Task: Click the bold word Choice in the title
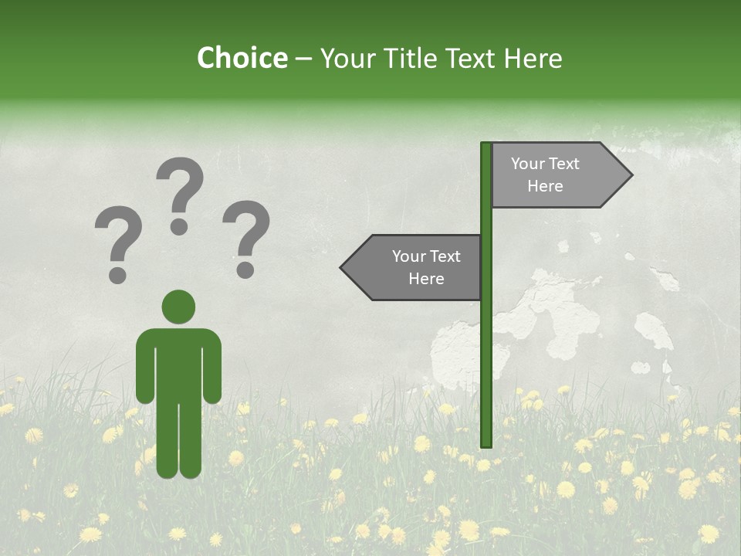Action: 242,58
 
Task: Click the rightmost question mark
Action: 246,238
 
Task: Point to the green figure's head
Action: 178,307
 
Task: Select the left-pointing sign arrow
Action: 413,268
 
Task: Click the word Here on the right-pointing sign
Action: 545,186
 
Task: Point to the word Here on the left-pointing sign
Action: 426,279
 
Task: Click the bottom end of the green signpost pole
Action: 486,443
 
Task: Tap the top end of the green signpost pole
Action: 486,146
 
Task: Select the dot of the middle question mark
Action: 179,227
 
